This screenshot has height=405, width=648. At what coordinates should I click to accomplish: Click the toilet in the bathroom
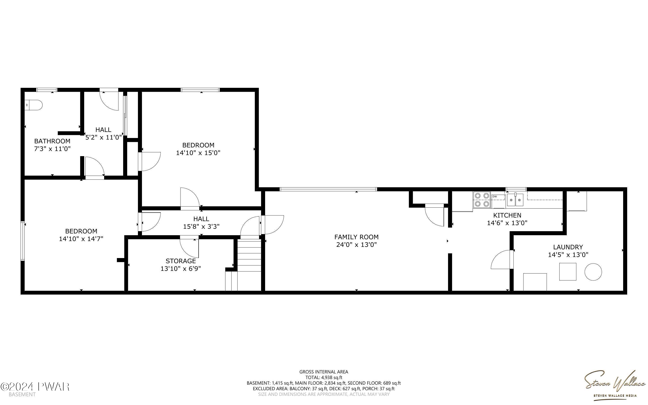(x=34, y=105)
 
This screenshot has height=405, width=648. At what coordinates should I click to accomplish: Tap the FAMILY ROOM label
(x=356, y=237)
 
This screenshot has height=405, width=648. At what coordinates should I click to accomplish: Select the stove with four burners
(x=481, y=200)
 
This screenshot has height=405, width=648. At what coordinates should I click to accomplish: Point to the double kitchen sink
(x=515, y=200)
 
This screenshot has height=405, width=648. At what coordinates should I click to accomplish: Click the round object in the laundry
(x=593, y=272)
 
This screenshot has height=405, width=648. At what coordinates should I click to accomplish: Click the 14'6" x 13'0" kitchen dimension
(x=507, y=223)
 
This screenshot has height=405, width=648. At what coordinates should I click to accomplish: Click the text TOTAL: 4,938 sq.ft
(x=324, y=377)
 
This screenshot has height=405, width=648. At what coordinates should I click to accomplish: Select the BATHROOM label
(x=52, y=141)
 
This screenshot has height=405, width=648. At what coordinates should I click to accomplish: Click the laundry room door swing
(x=502, y=259)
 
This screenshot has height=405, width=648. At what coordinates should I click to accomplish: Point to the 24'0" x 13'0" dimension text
(x=356, y=245)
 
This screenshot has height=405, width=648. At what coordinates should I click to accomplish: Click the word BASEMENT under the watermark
(x=22, y=394)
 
